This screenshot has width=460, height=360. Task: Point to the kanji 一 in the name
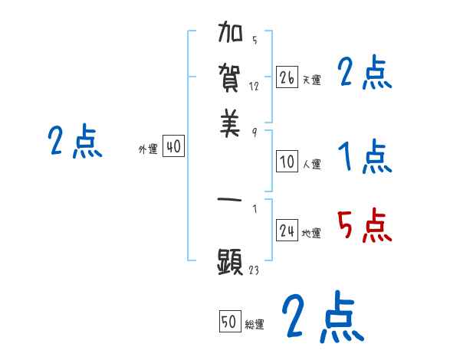(x=231, y=203)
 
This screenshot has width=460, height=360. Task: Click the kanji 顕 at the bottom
(x=231, y=260)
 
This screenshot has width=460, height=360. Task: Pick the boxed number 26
(x=287, y=77)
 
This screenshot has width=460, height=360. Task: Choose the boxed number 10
(x=287, y=161)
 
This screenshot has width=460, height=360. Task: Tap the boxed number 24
(x=287, y=231)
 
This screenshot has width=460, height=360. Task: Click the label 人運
(x=311, y=163)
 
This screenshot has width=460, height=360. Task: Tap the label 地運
(x=311, y=234)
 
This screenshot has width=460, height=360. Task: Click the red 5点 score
(x=364, y=226)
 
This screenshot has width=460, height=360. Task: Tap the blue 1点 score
(x=364, y=157)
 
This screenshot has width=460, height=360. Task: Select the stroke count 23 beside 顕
(x=254, y=270)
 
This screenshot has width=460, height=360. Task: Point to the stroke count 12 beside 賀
(x=254, y=87)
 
